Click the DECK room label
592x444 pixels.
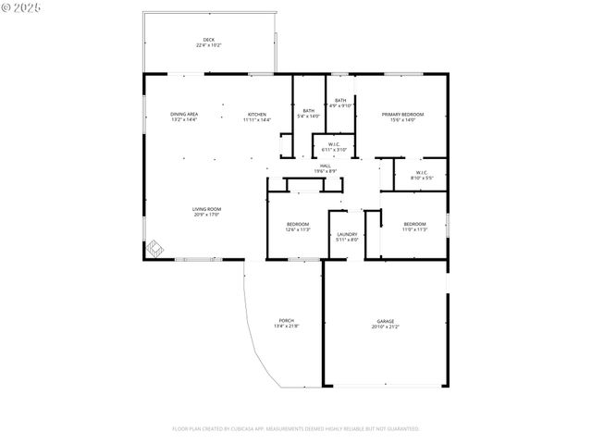tap(208, 40)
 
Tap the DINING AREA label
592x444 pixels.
tap(184, 114)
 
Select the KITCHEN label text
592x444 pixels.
tap(256, 114)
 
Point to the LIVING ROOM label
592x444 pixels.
tap(206, 209)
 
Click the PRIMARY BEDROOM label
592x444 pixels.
tap(402, 114)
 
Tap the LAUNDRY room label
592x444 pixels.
tap(347, 234)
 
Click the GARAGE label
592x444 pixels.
tap(385, 321)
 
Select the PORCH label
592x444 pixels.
tap(286, 321)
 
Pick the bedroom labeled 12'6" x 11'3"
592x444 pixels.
tap(298, 227)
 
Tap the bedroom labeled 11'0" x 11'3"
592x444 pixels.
tap(414, 227)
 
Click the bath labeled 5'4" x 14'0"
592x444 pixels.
tap(308, 113)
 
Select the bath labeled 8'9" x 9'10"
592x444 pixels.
tap(340, 102)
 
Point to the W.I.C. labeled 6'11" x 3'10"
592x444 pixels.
tap(333, 146)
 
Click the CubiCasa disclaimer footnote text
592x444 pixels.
tap(296, 428)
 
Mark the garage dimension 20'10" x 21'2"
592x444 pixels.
tap(385, 327)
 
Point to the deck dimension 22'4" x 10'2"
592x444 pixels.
tap(208, 45)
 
